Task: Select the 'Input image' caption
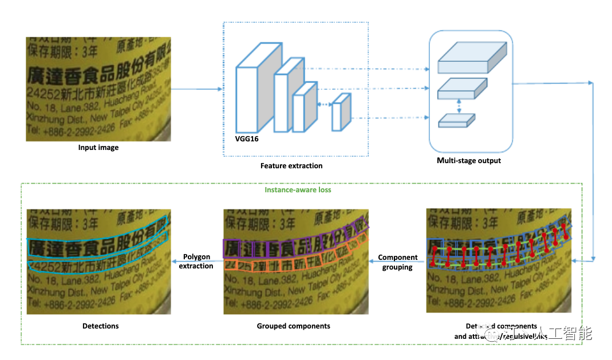click(x=98, y=148)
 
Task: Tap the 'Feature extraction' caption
click(x=291, y=166)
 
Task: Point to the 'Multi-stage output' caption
click(x=469, y=161)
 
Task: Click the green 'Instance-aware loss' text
click(x=298, y=189)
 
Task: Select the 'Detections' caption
click(x=100, y=326)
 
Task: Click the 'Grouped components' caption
click(x=293, y=326)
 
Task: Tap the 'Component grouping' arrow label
click(x=398, y=262)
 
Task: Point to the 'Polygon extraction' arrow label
click(x=196, y=261)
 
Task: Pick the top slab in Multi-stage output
click(x=472, y=58)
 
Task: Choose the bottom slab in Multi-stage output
click(x=456, y=120)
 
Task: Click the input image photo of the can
click(x=98, y=89)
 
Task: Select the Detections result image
click(x=98, y=262)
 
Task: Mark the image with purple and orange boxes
click(x=295, y=262)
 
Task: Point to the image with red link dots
click(x=499, y=260)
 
